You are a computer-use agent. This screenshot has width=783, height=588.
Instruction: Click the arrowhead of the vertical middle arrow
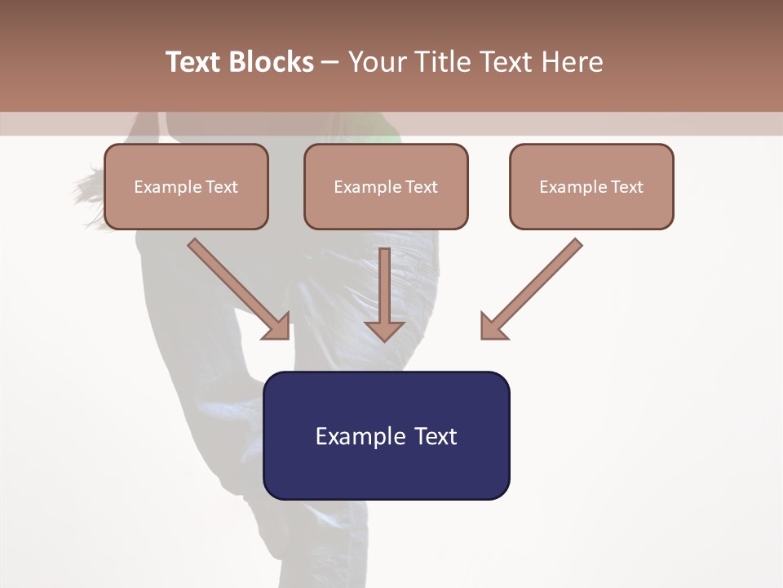coord(384,330)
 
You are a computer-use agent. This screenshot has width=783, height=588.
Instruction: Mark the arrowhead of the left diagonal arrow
coord(278,327)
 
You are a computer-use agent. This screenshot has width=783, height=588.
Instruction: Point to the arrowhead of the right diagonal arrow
coord(492,327)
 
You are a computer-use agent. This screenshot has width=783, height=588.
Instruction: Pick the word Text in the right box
coord(626,187)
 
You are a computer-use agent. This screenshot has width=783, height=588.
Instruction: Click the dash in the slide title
coord(330,62)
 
